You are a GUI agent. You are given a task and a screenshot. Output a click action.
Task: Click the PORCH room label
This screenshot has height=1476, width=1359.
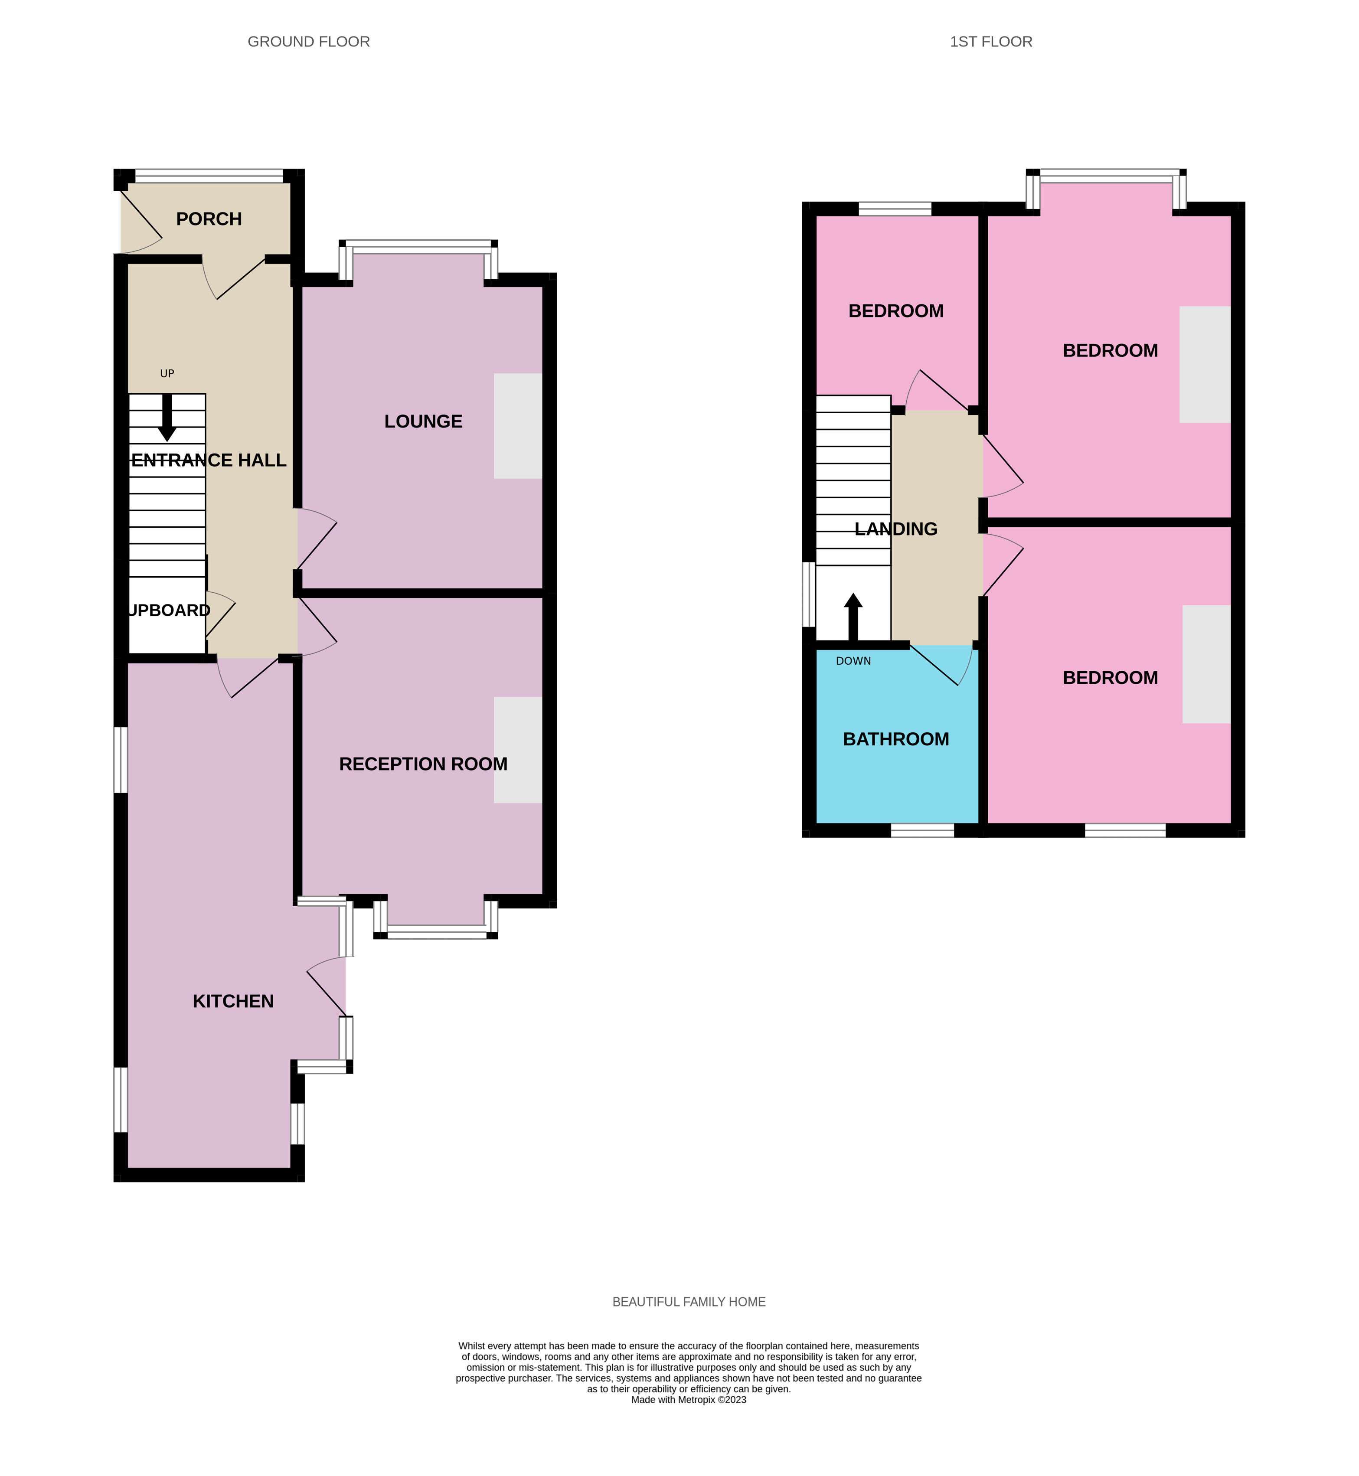tap(209, 219)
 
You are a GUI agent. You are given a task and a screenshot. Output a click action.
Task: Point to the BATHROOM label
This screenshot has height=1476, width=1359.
tap(896, 739)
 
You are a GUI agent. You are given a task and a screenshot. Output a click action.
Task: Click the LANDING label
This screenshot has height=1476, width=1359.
tap(896, 529)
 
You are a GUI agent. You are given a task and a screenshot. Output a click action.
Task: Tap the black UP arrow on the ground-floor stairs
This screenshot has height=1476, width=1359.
tap(167, 417)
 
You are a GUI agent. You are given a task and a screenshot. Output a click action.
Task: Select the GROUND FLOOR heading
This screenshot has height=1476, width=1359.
tap(308, 42)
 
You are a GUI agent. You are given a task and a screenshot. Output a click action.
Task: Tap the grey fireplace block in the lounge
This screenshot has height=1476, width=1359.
tap(518, 427)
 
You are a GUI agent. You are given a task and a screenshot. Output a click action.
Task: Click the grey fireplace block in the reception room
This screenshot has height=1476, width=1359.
tap(518, 750)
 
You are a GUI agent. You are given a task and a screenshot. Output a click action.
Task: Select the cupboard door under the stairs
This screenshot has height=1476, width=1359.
tap(219, 614)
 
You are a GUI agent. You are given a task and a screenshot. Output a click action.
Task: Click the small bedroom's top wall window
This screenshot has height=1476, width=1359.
tap(895, 209)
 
